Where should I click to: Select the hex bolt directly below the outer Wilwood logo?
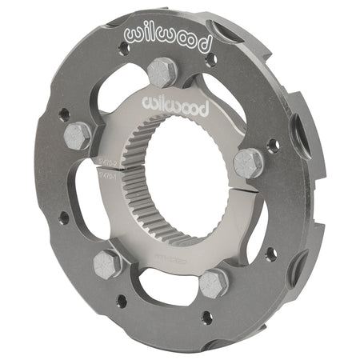(163, 72)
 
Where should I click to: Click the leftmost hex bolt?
(77, 136)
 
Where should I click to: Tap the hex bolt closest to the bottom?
(214, 282)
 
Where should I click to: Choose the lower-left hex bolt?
(107, 263)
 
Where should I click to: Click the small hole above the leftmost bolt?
(63, 114)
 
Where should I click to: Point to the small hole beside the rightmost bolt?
(274, 146)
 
